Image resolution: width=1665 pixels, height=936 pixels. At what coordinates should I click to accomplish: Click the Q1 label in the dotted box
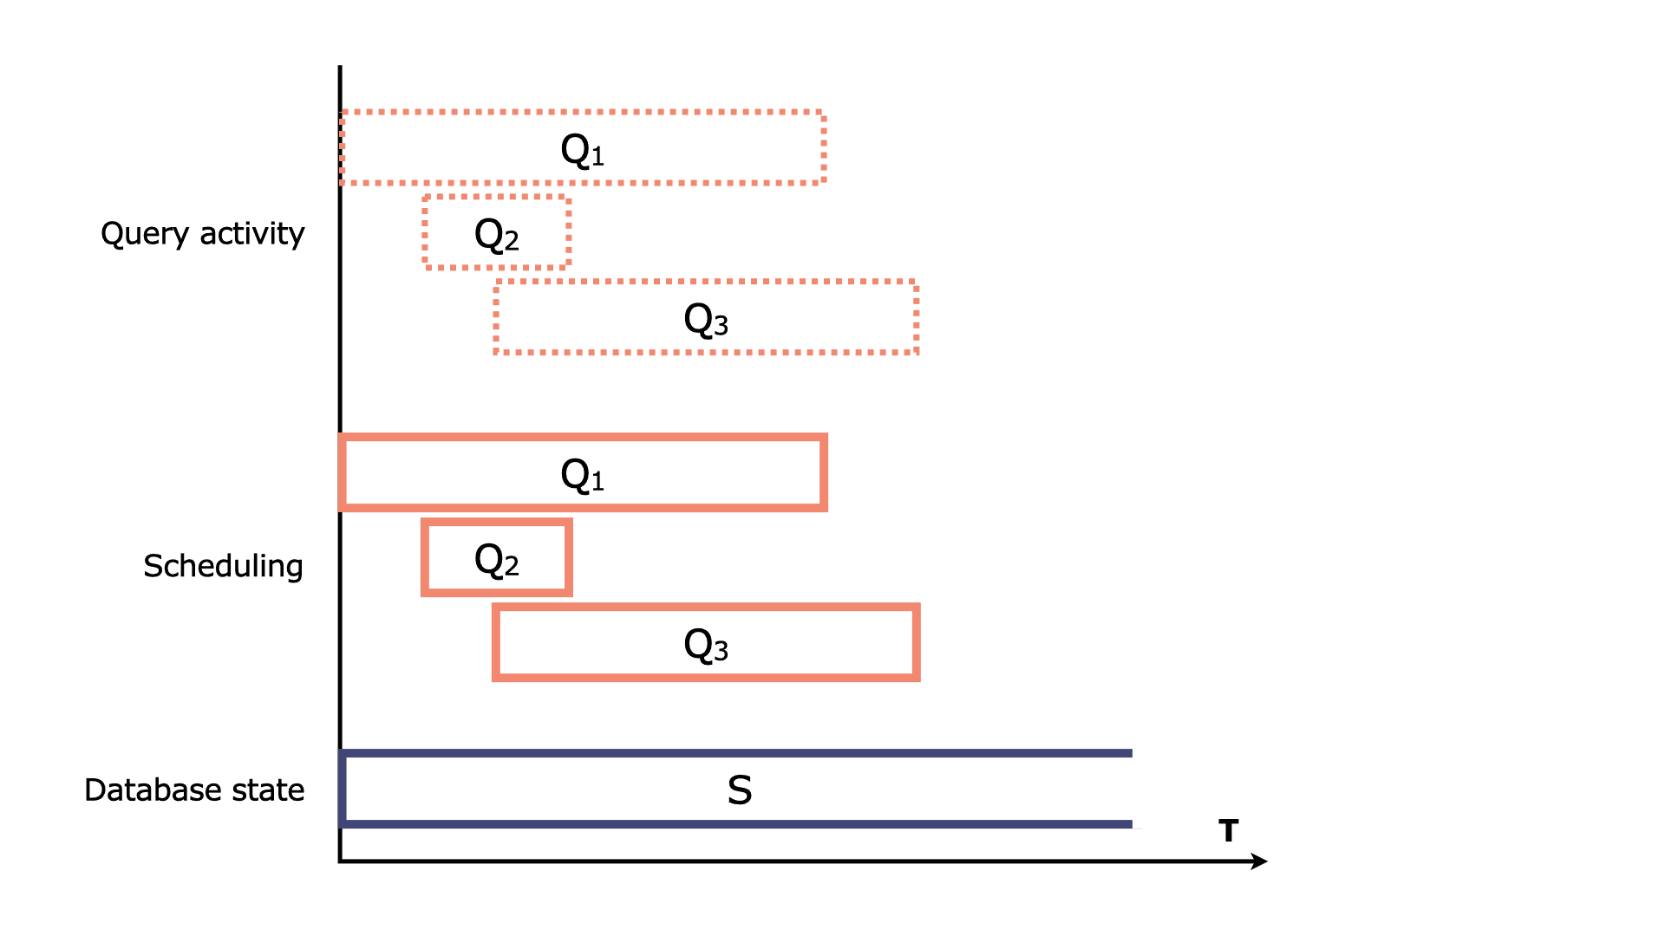tap(583, 150)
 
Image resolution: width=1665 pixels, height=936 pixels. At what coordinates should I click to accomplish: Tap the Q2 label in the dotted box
tap(497, 235)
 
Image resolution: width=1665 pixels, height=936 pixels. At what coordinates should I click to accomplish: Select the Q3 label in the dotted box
tap(706, 320)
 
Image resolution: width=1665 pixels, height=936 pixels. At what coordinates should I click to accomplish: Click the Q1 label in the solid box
tap(583, 475)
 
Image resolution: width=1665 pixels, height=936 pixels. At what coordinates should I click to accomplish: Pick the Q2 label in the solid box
tap(497, 560)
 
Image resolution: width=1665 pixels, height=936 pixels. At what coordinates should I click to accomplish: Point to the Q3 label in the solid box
tap(706, 645)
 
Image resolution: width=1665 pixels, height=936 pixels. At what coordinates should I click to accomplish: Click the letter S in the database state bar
tap(740, 790)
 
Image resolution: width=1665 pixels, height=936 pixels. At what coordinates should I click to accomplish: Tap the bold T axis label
tap(1228, 831)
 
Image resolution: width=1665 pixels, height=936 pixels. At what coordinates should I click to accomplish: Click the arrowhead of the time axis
tap(1260, 861)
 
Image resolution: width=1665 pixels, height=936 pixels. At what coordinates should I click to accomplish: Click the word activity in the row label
tap(252, 233)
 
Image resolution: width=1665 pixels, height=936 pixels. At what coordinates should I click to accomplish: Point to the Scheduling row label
tap(223, 566)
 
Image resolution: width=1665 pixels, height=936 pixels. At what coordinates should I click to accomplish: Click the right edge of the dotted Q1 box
tap(823, 147)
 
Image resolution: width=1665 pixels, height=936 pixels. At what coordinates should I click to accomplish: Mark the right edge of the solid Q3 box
tap(916, 643)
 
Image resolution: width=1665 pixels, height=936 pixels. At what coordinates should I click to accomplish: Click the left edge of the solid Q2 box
tap(425, 558)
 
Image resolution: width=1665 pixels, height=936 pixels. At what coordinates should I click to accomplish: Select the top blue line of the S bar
tap(737, 753)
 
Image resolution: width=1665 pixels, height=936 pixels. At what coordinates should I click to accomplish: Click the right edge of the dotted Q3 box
tap(916, 317)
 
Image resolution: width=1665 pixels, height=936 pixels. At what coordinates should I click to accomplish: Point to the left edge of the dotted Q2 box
tap(426, 232)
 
